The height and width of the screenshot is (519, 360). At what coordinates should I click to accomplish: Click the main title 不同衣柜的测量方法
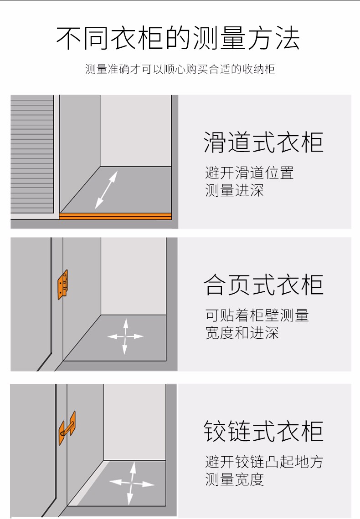click(178, 38)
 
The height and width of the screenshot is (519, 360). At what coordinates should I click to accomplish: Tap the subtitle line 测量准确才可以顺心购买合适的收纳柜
click(180, 69)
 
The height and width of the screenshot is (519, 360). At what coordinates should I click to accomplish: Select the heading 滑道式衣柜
click(264, 142)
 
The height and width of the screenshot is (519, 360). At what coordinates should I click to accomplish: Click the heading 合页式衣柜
click(264, 285)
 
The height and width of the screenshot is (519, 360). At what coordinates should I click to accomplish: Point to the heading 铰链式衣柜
click(264, 431)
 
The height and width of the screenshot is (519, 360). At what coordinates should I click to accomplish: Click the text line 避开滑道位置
click(249, 173)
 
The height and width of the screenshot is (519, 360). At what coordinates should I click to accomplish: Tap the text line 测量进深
click(235, 190)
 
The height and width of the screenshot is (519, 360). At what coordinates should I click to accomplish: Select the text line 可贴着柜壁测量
click(257, 315)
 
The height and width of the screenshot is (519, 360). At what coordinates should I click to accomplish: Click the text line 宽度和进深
click(242, 333)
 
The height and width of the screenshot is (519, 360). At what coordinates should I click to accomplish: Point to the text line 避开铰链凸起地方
click(264, 462)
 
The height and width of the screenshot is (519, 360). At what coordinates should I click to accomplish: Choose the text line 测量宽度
click(235, 479)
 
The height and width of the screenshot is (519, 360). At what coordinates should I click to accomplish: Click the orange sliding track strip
click(115, 216)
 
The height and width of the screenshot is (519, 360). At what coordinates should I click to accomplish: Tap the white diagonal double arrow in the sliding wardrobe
click(106, 190)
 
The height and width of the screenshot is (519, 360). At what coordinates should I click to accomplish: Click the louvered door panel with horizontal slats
click(32, 154)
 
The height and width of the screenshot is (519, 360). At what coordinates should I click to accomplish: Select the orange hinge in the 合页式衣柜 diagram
click(63, 285)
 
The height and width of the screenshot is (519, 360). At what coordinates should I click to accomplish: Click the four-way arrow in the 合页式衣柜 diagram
click(125, 336)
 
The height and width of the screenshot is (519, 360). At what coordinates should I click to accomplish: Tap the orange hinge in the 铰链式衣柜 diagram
click(67, 427)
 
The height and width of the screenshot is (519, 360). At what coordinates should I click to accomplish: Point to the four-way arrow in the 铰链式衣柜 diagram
click(132, 483)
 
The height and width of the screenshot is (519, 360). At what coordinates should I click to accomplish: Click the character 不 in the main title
click(68, 38)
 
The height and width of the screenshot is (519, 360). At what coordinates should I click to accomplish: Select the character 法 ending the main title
click(288, 38)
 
